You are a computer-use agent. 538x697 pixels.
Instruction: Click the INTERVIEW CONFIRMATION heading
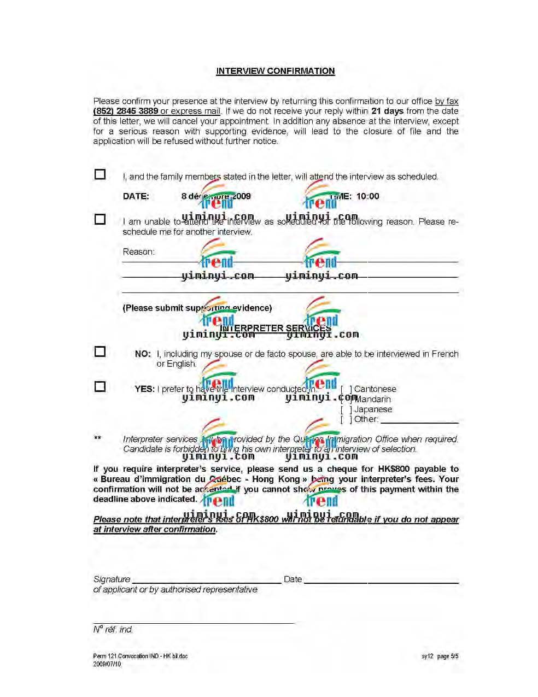coord(275,71)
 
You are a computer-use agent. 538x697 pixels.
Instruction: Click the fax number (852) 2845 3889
coord(126,111)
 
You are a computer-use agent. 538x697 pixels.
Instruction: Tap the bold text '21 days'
coord(387,111)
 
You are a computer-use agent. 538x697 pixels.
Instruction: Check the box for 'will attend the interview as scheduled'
coord(100,174)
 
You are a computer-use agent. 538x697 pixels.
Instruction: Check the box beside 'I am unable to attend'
coord(100,219)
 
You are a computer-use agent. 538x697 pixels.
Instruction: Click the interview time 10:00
coord(367,196)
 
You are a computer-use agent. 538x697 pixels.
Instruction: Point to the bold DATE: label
coord(136,196)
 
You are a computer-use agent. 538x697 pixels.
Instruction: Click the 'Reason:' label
coord(139,252)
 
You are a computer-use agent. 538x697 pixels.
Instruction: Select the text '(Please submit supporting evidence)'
coord(197,308)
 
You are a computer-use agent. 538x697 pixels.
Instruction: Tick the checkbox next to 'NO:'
coord(100,352)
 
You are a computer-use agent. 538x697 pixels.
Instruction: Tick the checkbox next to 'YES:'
coord(100,386)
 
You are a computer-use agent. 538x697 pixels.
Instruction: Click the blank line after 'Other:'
coord(419,420)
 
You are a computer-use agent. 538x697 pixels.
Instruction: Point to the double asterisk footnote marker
coord(97,438)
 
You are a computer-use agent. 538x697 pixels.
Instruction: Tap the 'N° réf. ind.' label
coord(113,630)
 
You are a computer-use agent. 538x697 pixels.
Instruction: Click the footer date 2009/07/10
coord(107,664)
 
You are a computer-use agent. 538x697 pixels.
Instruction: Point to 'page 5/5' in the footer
coord(448,657)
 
